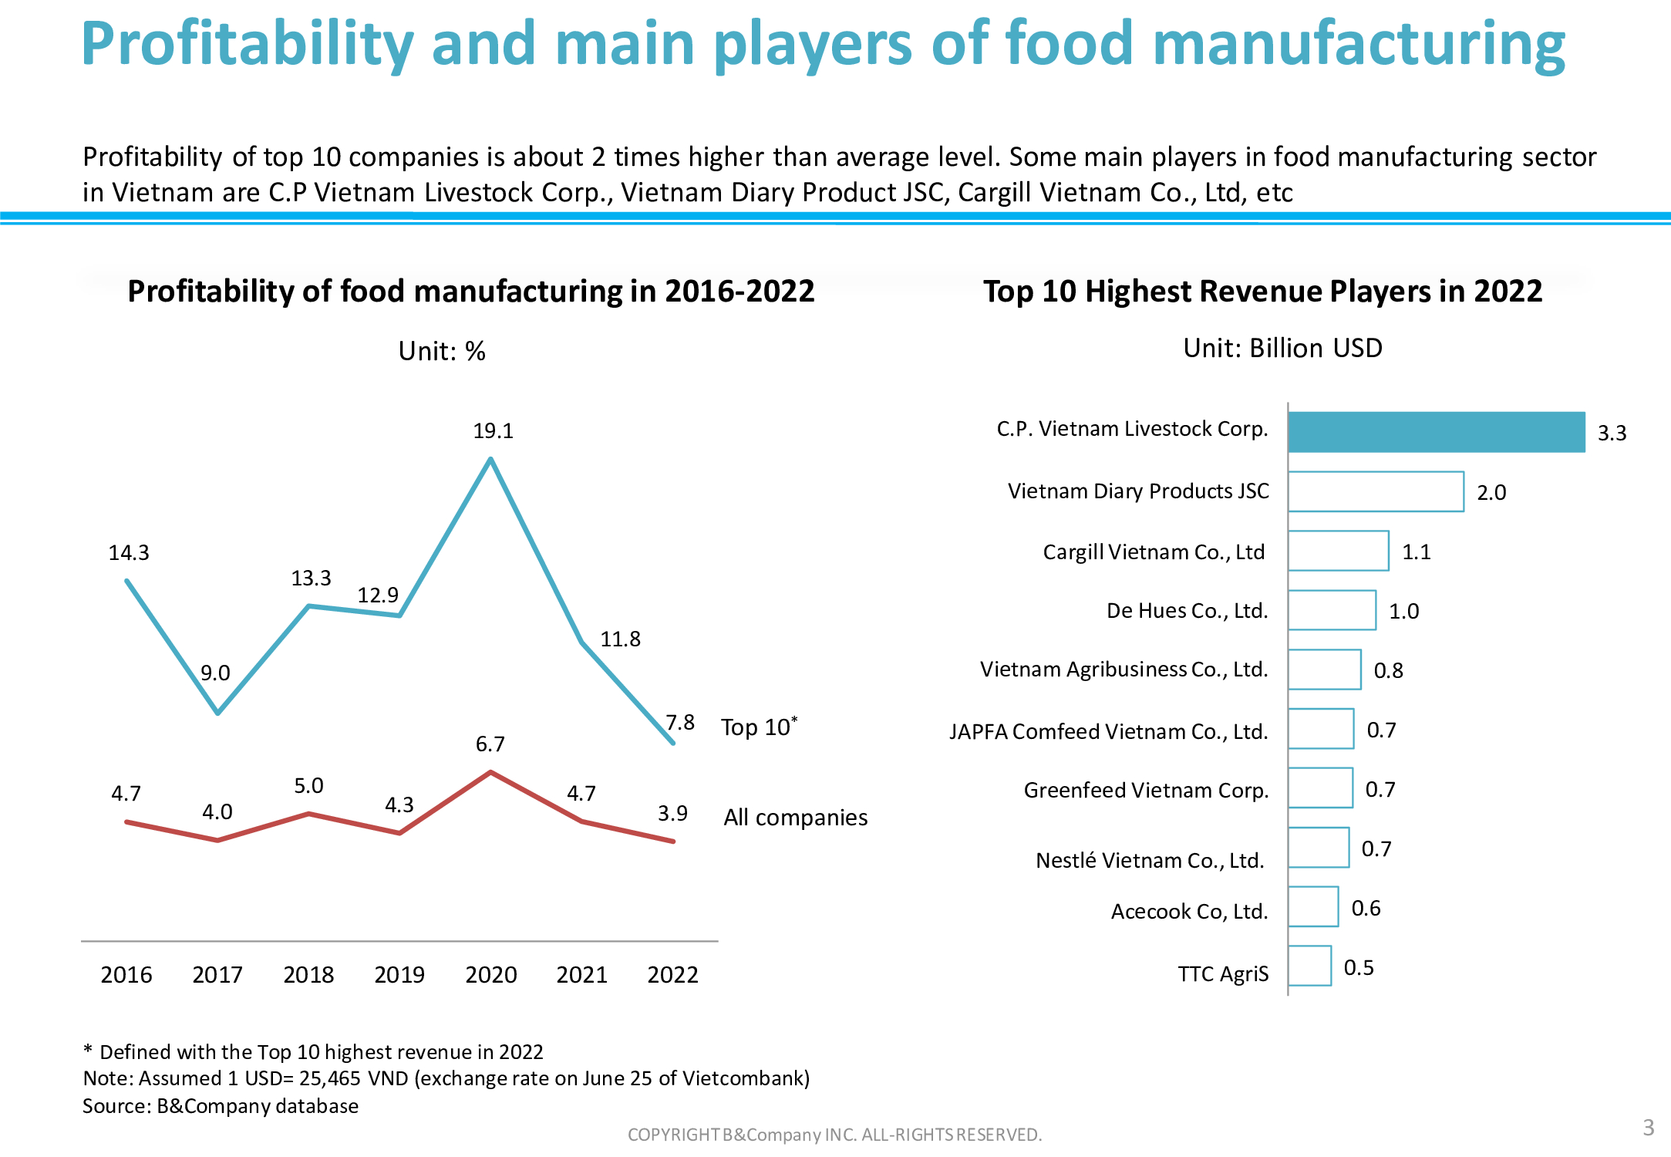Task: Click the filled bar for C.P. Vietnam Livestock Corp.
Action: point(1436,432)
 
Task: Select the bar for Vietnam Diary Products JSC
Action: point(1376,491)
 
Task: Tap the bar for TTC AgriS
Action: point(1309,966)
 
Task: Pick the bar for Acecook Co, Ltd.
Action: point(1313,906)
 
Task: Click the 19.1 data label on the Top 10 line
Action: point(493,431)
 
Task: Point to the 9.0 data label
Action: point(215,673)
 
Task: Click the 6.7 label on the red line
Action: point(490,744)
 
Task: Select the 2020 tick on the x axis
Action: point(491,975)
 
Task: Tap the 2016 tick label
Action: point(126,975)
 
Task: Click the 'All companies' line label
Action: point(795,818)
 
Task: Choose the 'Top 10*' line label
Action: point(759,727)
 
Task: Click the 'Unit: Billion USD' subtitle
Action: point(1282,349)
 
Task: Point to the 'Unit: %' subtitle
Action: point(442,352)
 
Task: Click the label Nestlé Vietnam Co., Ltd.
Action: point(1150,860)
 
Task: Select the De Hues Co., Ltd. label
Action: point(1187,611)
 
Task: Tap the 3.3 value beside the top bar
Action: point(1612,433)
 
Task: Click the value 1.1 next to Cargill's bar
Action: point(1416,552)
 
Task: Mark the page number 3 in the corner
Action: point(1649,1128)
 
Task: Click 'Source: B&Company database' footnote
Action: point(221,1106)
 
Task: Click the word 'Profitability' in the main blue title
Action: point(248,45)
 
